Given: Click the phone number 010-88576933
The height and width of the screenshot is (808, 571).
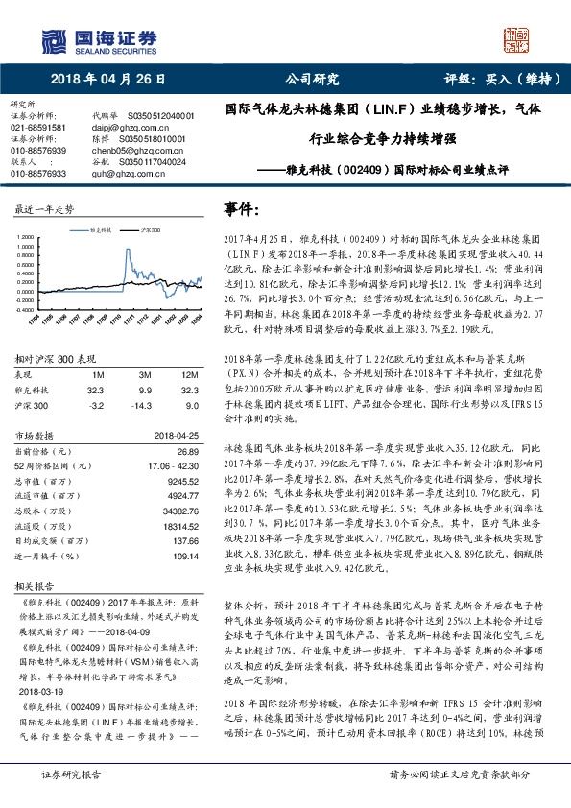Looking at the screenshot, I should (38, 173).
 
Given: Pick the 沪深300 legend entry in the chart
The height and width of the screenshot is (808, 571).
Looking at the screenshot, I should (147, 231).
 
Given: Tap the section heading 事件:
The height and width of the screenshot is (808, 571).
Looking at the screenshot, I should (242, 209).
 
